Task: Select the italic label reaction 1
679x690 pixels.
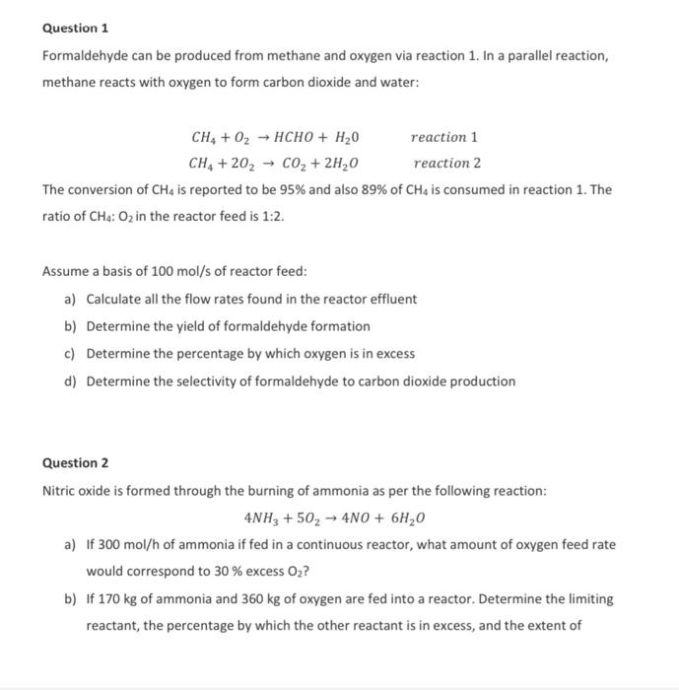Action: pos(444,137)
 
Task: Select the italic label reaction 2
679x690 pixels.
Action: pos(446,163)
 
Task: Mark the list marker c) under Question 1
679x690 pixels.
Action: pos(70,354)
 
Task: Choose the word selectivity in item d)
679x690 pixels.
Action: pos(198,381)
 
